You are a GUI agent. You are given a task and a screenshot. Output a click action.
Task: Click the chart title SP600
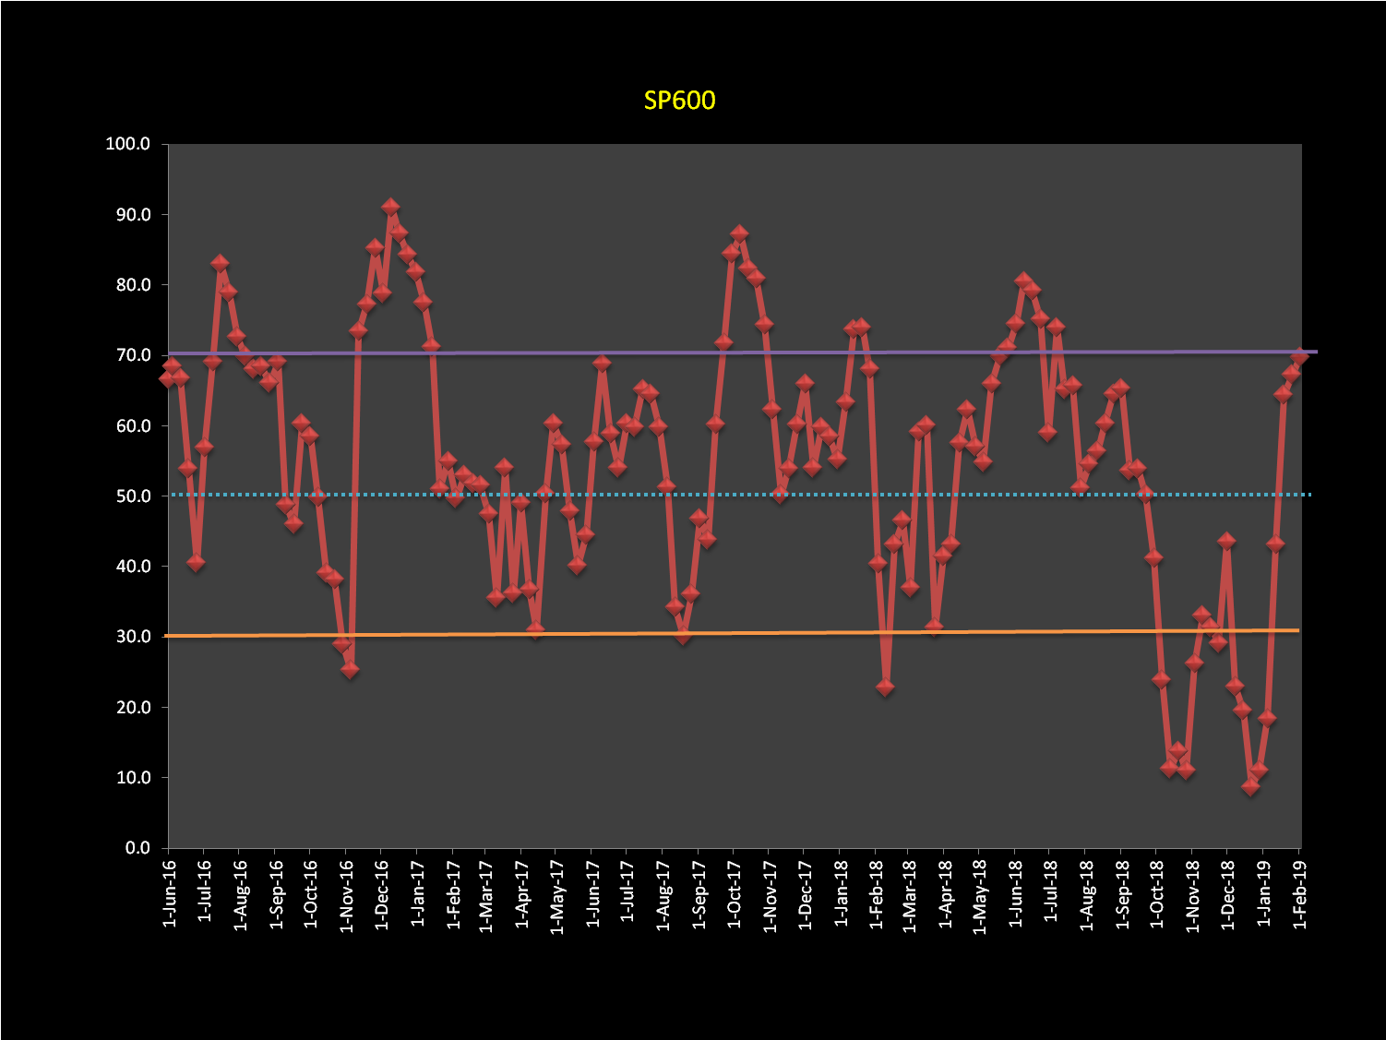[679, 100]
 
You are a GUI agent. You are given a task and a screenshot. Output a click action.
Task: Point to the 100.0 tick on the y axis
[128, 144]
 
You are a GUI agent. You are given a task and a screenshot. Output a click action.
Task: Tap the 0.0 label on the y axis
[137, 848]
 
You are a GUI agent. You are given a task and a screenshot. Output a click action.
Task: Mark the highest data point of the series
[390, 207]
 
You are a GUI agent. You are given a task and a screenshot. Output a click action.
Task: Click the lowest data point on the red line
[1250, 787]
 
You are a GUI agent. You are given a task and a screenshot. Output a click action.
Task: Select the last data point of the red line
[1299, 356]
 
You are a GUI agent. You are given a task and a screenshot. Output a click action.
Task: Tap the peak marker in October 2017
[739, 234]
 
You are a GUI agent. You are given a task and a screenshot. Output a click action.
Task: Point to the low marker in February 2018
[885, 687]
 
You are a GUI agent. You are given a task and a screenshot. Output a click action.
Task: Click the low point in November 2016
[350, 670]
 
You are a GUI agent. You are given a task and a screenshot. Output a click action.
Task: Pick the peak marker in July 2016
[220, 264]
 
